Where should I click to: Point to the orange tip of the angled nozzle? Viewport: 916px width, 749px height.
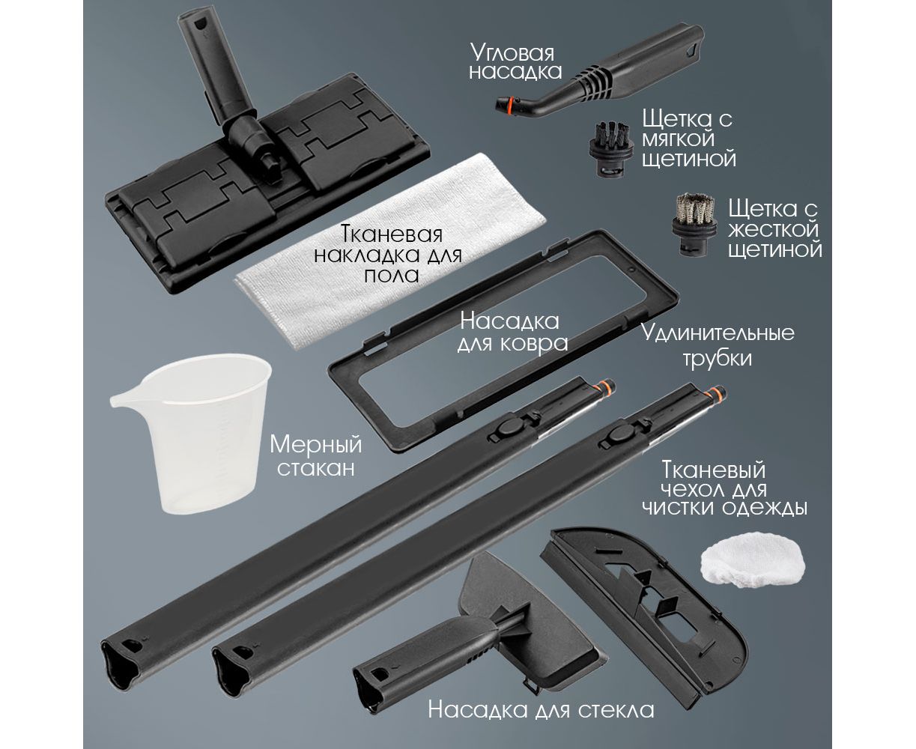point(505,105)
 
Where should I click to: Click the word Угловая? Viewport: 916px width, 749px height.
point(512,53)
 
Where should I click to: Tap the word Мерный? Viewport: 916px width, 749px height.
point(316,446)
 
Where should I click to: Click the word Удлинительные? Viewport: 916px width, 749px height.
point(718,334)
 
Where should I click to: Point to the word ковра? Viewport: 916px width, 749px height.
point(534,343)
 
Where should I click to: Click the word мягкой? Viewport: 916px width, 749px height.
point(679,139)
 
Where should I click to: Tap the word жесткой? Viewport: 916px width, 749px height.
point(774,229)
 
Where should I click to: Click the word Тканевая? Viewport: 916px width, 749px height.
point(391,234)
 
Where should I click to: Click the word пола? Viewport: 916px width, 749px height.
point(392,276)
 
